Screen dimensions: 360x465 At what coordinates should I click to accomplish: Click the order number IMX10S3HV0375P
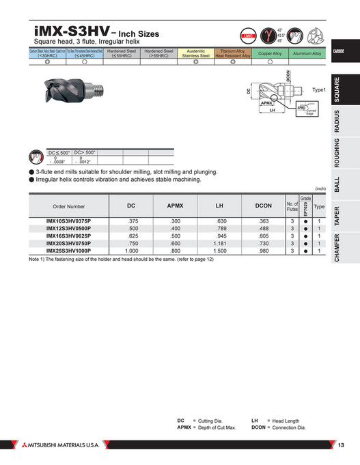pos(69,221)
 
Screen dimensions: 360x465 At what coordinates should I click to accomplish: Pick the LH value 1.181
pos(219,243)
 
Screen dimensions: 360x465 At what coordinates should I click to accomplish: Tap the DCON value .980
pos(264,251)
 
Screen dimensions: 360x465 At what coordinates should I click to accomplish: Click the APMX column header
pos(176,206)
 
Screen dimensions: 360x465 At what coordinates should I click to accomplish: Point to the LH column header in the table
pos(219,206)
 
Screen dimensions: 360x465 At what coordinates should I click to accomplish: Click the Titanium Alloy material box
pos(233,53)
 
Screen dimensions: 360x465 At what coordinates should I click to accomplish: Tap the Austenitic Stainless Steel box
pos(196,53)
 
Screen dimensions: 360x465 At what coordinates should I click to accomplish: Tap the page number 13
pos(342,445)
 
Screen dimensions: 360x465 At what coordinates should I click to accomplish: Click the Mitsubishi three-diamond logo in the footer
pos(13,445)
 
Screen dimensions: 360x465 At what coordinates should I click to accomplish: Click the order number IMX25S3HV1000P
pos(69,251)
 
